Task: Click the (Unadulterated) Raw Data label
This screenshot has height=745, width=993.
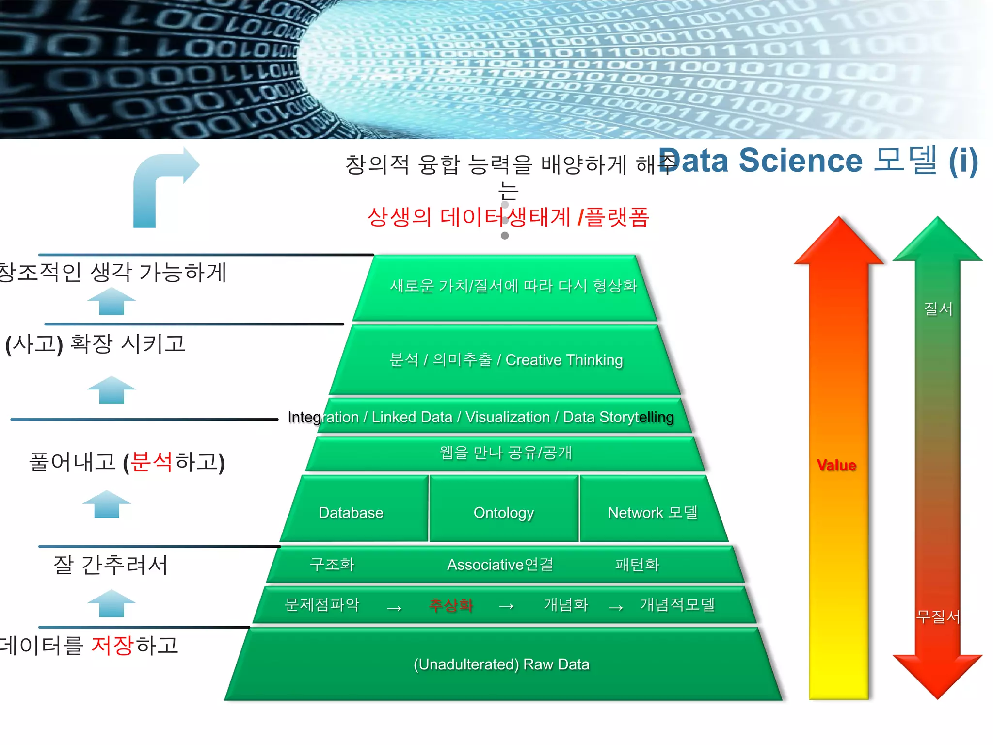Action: pyautogui.click(x=501, y=664)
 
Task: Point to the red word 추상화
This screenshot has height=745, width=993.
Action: pyautogui.click(x=450, y=605)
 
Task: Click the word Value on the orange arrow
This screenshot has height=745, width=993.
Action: pyautogui.click(x=836, y=465)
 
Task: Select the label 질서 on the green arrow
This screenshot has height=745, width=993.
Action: pyautogui.click(x=938, y=308)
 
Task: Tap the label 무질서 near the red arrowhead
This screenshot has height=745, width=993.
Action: pyautogui.click(x=938, y=616)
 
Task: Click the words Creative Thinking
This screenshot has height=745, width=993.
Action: pyautogui.click(x=564, y=360)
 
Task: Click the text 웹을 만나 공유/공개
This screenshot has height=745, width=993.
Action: pyautogui.click(x=505, y=453)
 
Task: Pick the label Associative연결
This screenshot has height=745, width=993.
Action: pyautogui.click(x=500, y=565)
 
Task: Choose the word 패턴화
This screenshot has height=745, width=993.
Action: pyautogui.click(x=637, y=565)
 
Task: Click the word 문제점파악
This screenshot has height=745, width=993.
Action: pyautogui.click(x=322, y=605)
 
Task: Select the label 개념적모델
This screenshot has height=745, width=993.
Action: pyautogui.click(x=677, y=605)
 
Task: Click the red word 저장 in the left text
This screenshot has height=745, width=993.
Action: pyautogui.click(x=112, y=646)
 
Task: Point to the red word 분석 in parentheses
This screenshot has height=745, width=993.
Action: pyautogui.click(x=151, y=462)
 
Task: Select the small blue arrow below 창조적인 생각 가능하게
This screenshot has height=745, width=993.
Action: pyautogui.click(x=112, y=302)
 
